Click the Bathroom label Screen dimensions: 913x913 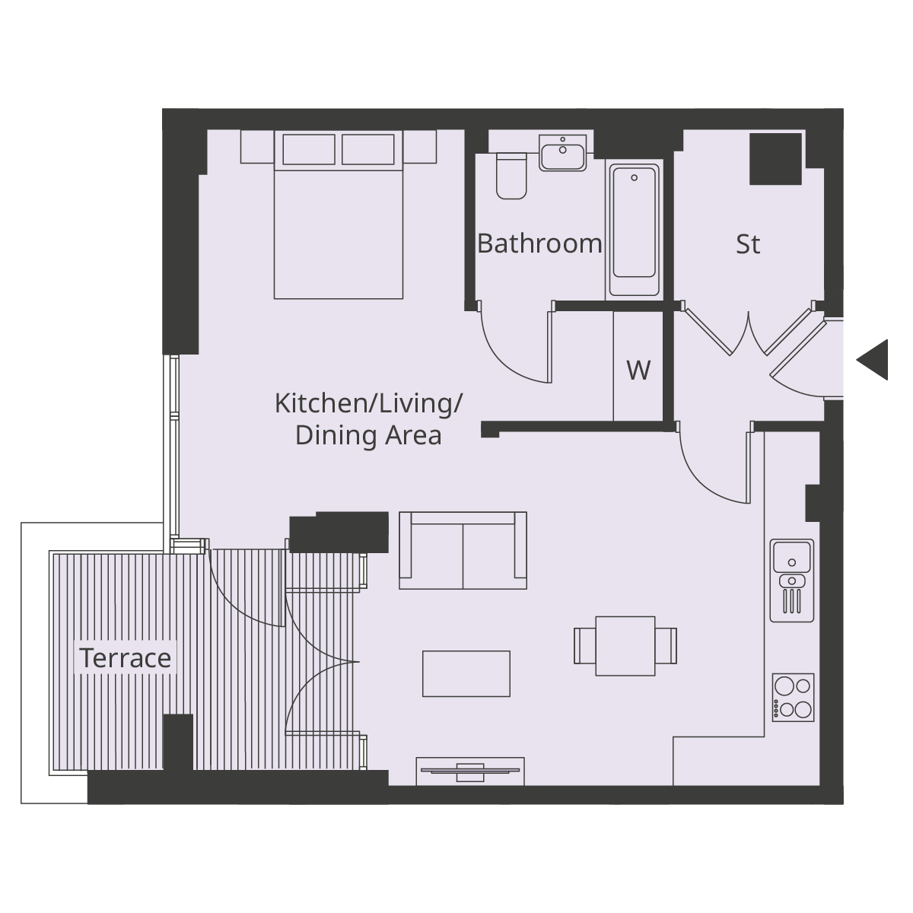(539, 243)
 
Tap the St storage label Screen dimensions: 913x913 (748, 244)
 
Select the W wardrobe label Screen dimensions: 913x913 (638, 370)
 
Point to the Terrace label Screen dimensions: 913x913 (126, 657)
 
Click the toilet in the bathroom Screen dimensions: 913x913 (511, 177)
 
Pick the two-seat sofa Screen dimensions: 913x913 (463, 552)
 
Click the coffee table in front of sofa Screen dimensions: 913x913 (466, 673)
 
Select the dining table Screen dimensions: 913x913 (625, 646)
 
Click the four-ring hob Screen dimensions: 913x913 (793, 697)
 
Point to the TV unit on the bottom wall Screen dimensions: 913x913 (469, 771)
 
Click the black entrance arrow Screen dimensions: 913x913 (874, 359)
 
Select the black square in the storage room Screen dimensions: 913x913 (775, 159)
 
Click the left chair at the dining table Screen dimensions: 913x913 (585, 646)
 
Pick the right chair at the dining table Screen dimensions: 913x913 (666, 646)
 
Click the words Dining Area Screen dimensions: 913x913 (368, 436)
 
